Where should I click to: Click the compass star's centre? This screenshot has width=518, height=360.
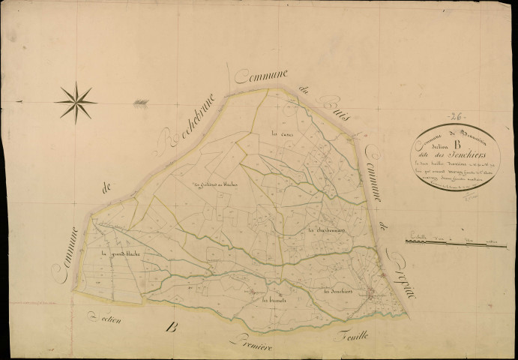(76, 102)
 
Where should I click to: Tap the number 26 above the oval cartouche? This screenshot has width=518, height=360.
(454, 117)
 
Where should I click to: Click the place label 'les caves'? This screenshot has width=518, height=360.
(269, 135)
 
